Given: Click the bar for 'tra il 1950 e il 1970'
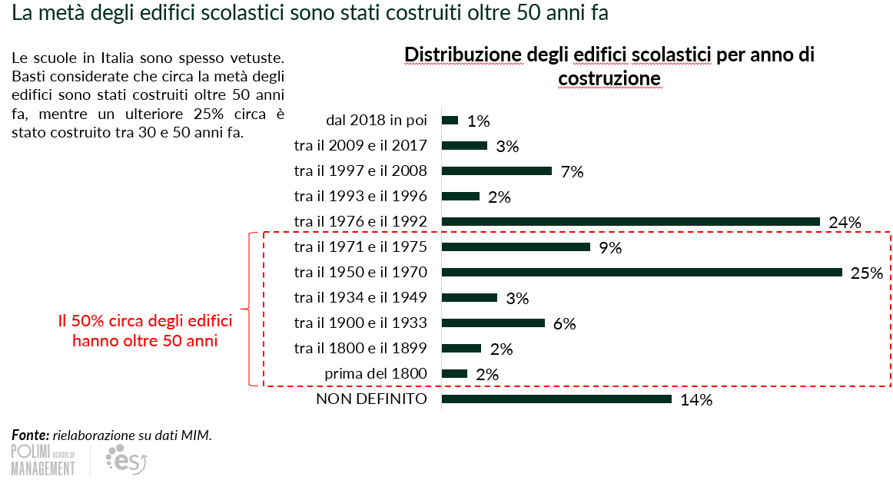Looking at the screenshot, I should click(x=642, y=272).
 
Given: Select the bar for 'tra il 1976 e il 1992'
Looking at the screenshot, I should click(x=631, y=221).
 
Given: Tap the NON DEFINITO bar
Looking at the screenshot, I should click(x=556, y=399).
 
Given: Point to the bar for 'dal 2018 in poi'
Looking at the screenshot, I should click(x=450, y=120).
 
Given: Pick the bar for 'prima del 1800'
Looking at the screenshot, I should click(x=454, y=374).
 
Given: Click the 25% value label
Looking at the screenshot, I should click(x=867, y=273).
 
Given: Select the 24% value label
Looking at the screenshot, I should click(x=845, y=223).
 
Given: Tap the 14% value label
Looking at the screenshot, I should click(x=696, y=400).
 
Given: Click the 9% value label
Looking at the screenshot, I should click(x=610, y=248).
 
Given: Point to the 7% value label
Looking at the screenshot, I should click(x=572, y=172).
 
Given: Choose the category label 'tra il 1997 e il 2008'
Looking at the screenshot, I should click(x=360, y=171).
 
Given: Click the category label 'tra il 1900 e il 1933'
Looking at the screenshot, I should click(x=360, y=323).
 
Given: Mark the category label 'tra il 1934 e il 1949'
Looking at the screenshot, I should click(x=360, y=297).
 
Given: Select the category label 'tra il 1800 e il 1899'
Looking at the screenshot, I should click(x=360, y=348).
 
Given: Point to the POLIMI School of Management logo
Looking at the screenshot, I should click(x=43, y=459).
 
